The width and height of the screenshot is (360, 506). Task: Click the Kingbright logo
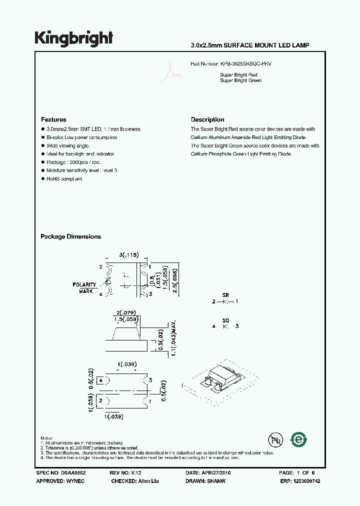coord(73,38)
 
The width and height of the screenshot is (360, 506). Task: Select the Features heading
coord(53,120)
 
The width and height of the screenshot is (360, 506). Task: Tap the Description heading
coord(207,120)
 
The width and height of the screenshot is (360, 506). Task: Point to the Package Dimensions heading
coord(70,236)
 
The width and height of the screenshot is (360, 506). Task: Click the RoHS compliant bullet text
coord(64,178)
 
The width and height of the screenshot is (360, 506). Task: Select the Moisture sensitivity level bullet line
coord(82,170)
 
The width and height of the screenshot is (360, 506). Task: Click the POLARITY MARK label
coord(84,287)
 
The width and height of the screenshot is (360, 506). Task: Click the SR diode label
coord(225,295)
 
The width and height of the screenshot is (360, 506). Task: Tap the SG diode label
coord(225,319)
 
